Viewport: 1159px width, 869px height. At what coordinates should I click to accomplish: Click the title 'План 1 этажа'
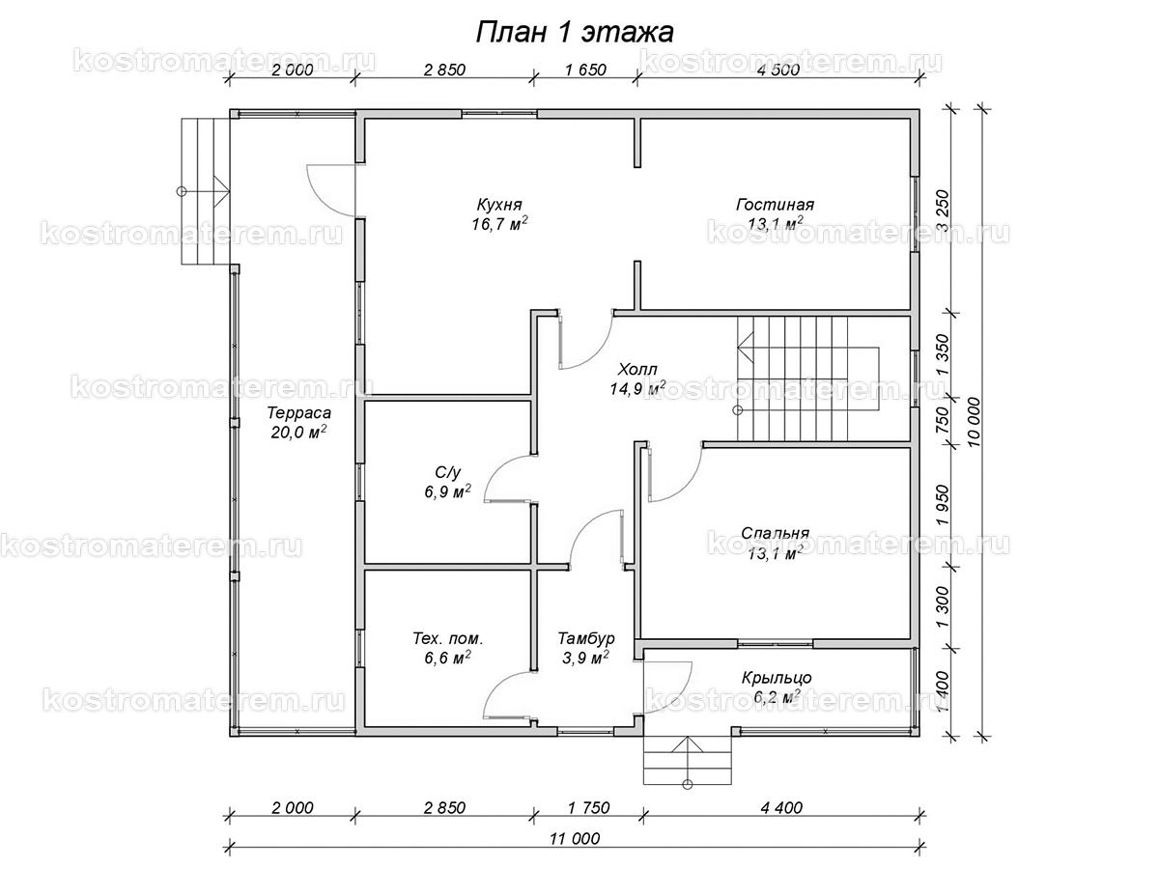(x=575, y=33)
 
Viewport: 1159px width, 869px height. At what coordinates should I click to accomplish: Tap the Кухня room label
(x=499, y=204)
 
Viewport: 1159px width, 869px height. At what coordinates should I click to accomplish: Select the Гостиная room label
(x=776, y=204)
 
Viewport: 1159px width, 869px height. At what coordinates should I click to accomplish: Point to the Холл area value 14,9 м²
(x=637, y=388)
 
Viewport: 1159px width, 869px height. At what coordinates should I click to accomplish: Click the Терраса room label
(x=298, y=412)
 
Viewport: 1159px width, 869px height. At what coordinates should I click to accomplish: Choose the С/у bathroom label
(x=448, y=472)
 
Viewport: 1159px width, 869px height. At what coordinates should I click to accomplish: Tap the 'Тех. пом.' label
(x=448, y=639)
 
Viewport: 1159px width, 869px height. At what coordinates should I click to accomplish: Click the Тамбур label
(x=586, y=638)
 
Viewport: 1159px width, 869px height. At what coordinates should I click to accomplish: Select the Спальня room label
(x=776, y=533)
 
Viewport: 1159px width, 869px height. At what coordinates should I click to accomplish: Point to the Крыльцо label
(x=777, y=678)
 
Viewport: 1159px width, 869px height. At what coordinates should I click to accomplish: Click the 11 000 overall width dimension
(x=575, y=838)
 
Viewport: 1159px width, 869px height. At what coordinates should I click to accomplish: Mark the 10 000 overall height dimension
(x=974, y=422)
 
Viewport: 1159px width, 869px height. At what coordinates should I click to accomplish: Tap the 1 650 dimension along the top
(x=585, y=70)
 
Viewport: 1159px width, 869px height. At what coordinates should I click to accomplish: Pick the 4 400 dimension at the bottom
(x=782, y=808)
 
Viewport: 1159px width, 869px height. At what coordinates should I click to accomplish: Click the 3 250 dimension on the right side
(x=943, y=211)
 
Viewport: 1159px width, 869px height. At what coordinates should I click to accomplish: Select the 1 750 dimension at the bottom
(x=589, y=808)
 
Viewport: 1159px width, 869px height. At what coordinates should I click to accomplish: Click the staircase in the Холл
(x=807, y=378)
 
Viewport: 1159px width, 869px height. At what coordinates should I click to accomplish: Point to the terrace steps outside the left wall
(x=206, y=191)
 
